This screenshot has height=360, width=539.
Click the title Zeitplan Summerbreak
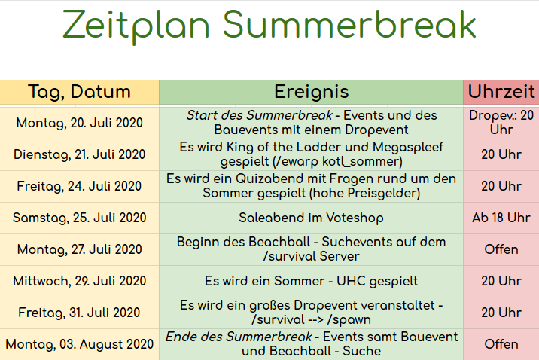(269, 26)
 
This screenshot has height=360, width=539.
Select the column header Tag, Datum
(79, 92)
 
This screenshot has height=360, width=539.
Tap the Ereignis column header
(312, 92)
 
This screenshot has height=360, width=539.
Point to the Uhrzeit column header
(501, 92)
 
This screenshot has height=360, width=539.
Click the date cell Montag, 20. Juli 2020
(79, 123)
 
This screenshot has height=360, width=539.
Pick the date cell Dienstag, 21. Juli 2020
(79, 154)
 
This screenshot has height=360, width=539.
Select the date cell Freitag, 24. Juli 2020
(79, 186)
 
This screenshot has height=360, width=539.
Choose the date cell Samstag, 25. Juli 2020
(79, 218)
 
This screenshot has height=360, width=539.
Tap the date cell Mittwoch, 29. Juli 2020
(79, 281)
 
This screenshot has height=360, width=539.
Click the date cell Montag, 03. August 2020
(79, 344)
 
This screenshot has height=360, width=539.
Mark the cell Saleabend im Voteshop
(312, 218)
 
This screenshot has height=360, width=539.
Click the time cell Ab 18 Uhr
(501, 218)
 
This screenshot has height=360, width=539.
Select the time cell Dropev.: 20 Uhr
(501, 123)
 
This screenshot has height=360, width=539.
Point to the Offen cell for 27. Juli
(501, 249)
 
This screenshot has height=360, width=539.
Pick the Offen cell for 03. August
(501, 344)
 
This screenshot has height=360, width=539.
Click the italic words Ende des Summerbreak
(239, 337)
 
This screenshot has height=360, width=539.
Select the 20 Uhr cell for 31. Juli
(501, 313)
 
